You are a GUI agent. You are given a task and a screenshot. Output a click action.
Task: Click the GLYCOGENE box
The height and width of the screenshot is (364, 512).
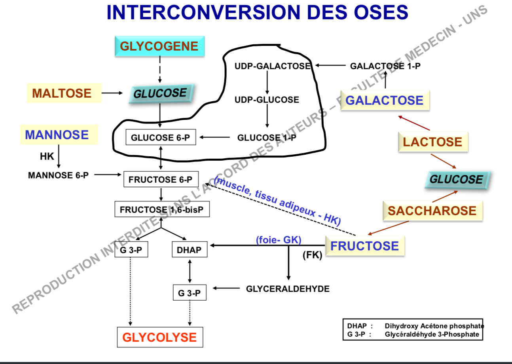coord(159,46)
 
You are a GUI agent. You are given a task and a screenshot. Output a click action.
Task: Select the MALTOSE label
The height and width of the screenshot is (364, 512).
coord(62,93)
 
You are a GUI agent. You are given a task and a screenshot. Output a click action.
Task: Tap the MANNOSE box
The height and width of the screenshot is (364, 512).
coord(57,135)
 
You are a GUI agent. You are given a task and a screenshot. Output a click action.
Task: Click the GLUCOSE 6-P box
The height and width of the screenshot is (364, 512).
coord(160,138)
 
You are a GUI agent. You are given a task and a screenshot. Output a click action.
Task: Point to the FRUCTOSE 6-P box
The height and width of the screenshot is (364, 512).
coord(161,180)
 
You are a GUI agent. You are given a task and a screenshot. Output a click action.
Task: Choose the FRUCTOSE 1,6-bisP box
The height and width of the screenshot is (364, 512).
coord(162,209)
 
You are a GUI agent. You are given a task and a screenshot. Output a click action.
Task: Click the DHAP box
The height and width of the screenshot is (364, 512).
coord(190,250)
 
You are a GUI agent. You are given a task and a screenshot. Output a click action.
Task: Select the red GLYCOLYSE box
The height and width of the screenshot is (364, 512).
coord(159,337)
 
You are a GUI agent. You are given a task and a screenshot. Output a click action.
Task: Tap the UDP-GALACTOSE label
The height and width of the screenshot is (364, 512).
coord(272,66)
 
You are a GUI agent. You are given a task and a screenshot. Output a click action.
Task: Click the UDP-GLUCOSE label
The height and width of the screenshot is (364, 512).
coord(267,100)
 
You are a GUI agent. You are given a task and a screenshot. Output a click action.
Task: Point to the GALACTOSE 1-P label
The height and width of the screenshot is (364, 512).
coord(385,66)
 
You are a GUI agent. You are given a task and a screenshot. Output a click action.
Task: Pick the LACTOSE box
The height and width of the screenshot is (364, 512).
coord(432,142)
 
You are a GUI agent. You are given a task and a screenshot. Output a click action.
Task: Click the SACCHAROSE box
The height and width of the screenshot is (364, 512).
coord(432,210)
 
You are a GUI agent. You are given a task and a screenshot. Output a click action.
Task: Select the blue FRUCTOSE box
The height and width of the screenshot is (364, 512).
coord(364,246)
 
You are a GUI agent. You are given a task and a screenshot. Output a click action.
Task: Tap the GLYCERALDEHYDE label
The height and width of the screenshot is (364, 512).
coord(288,289)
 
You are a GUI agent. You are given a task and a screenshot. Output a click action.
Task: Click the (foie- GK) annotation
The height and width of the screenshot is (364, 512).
coord(279,240)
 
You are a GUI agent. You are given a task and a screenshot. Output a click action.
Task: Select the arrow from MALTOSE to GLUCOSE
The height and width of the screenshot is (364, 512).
coord(112,93)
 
